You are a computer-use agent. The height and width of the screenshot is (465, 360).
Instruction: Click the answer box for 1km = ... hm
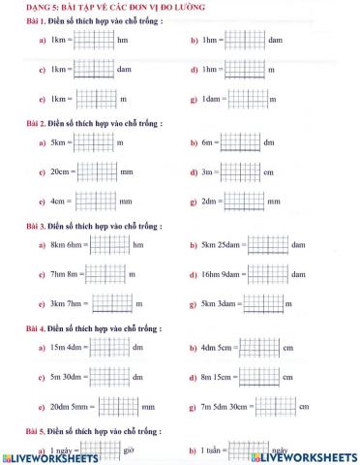coord(93,41)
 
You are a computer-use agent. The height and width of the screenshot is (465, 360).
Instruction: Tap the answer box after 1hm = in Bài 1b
coord(244,41)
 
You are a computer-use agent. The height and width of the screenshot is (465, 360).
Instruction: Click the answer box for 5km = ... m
coord(93,142)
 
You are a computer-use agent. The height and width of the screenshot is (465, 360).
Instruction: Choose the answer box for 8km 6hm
coord(109,245)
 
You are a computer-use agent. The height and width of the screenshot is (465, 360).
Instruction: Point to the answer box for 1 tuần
coord(249,450)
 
